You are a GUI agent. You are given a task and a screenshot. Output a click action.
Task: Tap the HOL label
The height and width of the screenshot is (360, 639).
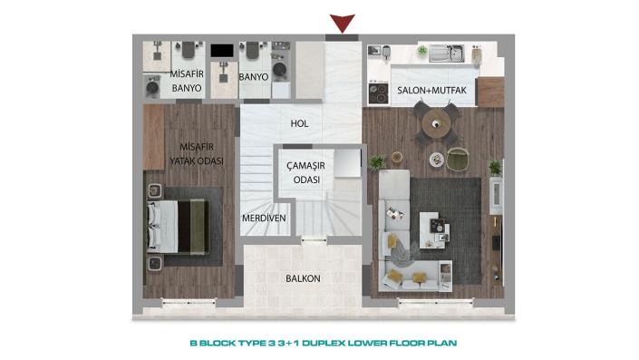click(299, 124)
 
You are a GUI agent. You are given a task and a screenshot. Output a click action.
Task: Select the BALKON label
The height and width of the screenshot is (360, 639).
click(303, 278)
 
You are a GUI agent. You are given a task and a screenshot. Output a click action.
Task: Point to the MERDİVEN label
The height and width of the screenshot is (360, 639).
click(264, 219)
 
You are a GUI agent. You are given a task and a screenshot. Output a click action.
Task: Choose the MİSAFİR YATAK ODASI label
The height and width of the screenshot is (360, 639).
click(196, 153)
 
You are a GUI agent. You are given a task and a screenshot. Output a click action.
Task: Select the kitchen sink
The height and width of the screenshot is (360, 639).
click(446, 55)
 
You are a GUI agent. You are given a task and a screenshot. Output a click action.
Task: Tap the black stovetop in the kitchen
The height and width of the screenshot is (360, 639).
click(378, 91)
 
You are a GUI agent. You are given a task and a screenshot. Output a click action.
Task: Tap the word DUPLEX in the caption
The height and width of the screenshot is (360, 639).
click(328, 344)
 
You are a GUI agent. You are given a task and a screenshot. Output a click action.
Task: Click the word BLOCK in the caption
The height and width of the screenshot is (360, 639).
click(221, 344)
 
